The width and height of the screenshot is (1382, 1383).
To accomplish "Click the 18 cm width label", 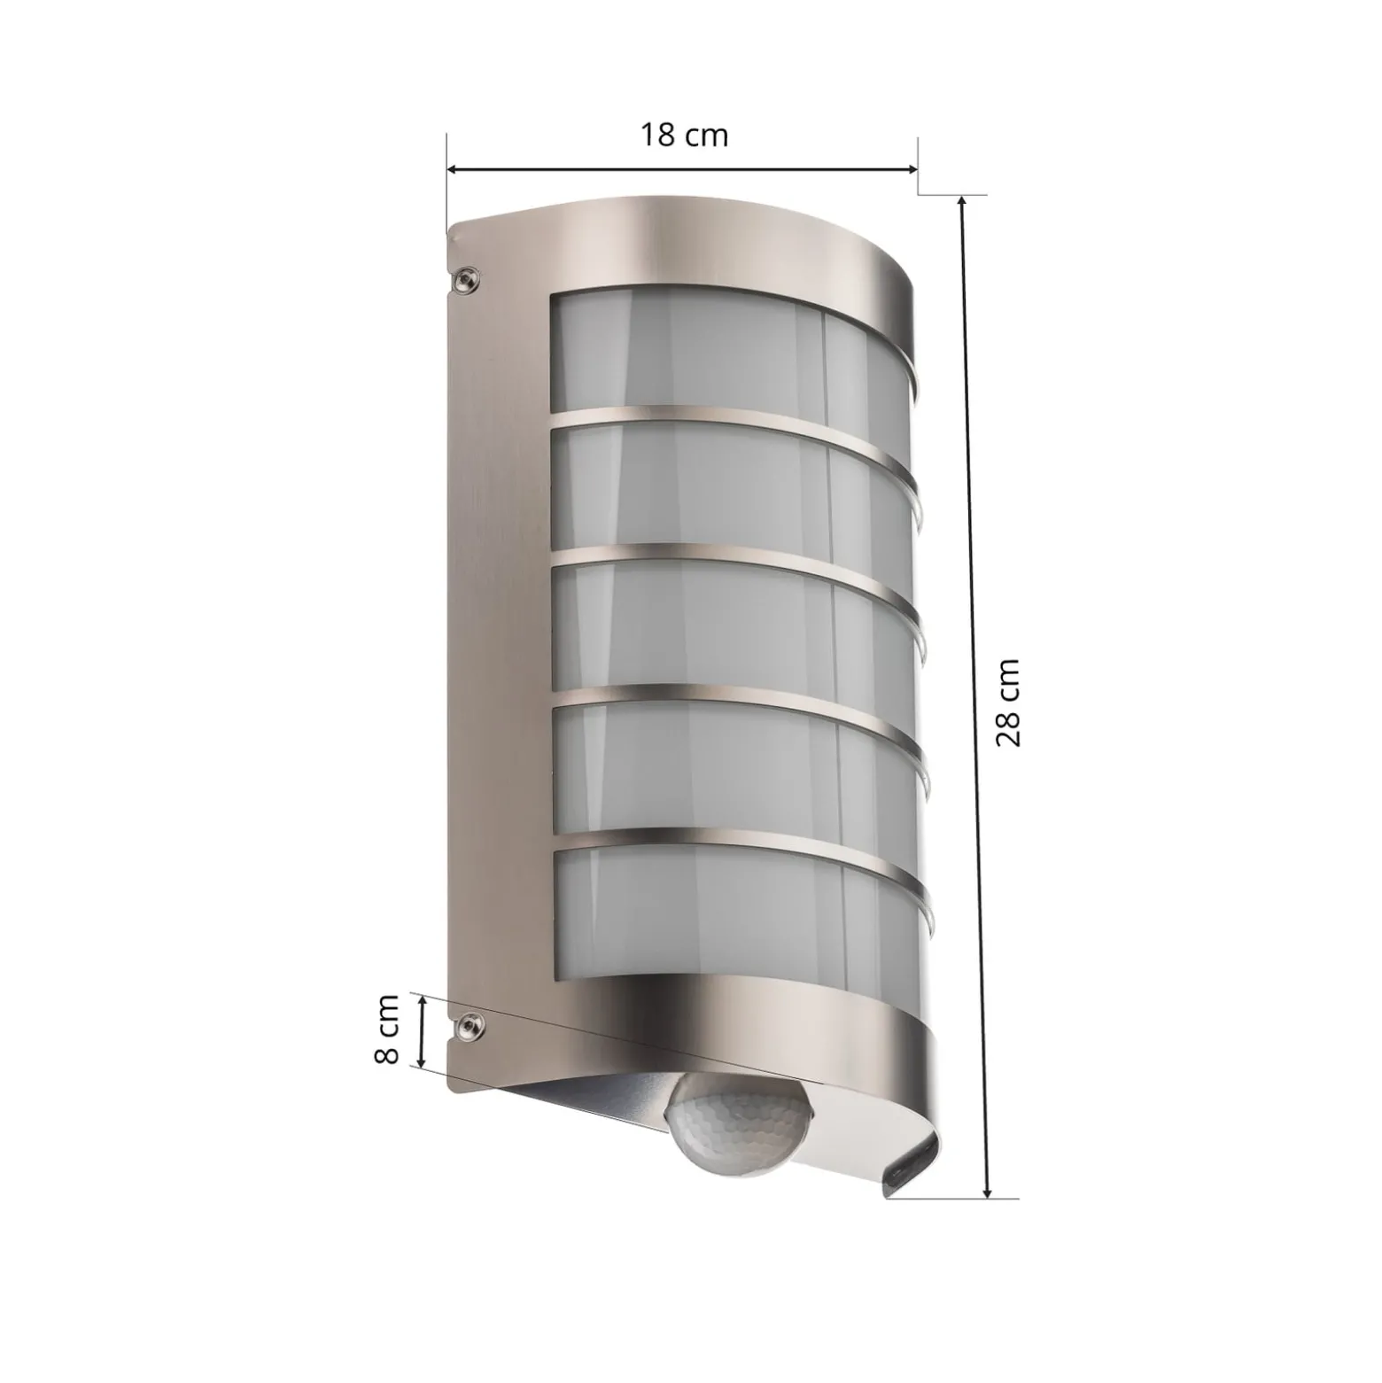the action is click(684, 136).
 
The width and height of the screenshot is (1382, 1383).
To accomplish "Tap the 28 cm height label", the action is click(1008, 703).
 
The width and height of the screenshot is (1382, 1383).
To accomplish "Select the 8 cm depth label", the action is click(386, 1029).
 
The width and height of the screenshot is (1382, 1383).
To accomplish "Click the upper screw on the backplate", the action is click(467, 280).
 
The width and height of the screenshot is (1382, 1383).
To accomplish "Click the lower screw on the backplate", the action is click(466, 1027).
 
